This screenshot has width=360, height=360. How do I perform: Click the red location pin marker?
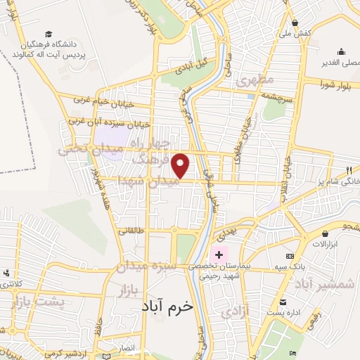pos(181,166)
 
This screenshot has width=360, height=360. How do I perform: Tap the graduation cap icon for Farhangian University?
pos(49,34)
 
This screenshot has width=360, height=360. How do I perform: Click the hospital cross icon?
pos(219,254)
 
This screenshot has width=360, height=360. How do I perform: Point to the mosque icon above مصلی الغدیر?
pos(341,51)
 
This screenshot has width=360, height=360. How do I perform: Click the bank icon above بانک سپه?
pos(288,258)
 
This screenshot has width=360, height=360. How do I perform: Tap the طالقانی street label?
pos(131,230)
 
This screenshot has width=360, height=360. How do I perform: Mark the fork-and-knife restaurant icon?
pos(349,170)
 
